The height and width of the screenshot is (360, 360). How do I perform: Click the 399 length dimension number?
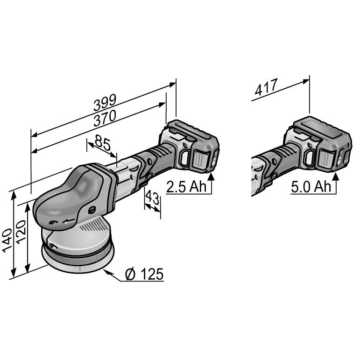(105, 103)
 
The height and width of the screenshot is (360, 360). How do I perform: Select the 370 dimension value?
(105, 119)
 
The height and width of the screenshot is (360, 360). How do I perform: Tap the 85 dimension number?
(103, 142)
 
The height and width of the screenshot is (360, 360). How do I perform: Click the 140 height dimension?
(7, 240)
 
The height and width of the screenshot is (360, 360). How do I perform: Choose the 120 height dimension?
(21, 232)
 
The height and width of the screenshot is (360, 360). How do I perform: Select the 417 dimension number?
(266, 87)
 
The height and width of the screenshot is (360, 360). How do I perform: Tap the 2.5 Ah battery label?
(186, 186)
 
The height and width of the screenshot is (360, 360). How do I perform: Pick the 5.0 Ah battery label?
(311, 186)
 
